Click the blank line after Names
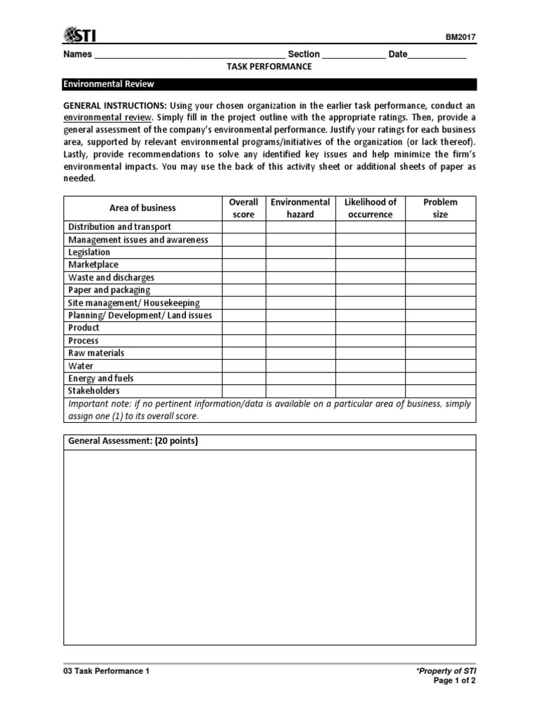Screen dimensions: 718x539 click(189, 55)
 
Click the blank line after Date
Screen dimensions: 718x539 click(437, 55)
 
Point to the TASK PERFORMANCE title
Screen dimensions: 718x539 click(269, 67)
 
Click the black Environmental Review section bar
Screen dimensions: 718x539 click(269, 84)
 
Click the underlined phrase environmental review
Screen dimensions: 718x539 click(109, 116)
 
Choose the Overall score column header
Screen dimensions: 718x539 click(244, 208)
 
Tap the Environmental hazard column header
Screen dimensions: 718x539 click(300, 208)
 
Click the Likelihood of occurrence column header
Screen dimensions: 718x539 click(370, 208)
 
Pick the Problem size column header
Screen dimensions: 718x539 click(440, 208)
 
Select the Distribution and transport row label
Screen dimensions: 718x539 click(119, 227)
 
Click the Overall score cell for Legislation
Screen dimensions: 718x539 click(244, 252)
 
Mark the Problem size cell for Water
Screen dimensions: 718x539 click(440, 366)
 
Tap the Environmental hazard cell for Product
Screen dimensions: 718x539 click(300, 328)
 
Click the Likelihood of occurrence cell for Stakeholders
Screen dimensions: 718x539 click(370, 391)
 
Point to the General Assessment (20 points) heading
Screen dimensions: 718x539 click(133, 442)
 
